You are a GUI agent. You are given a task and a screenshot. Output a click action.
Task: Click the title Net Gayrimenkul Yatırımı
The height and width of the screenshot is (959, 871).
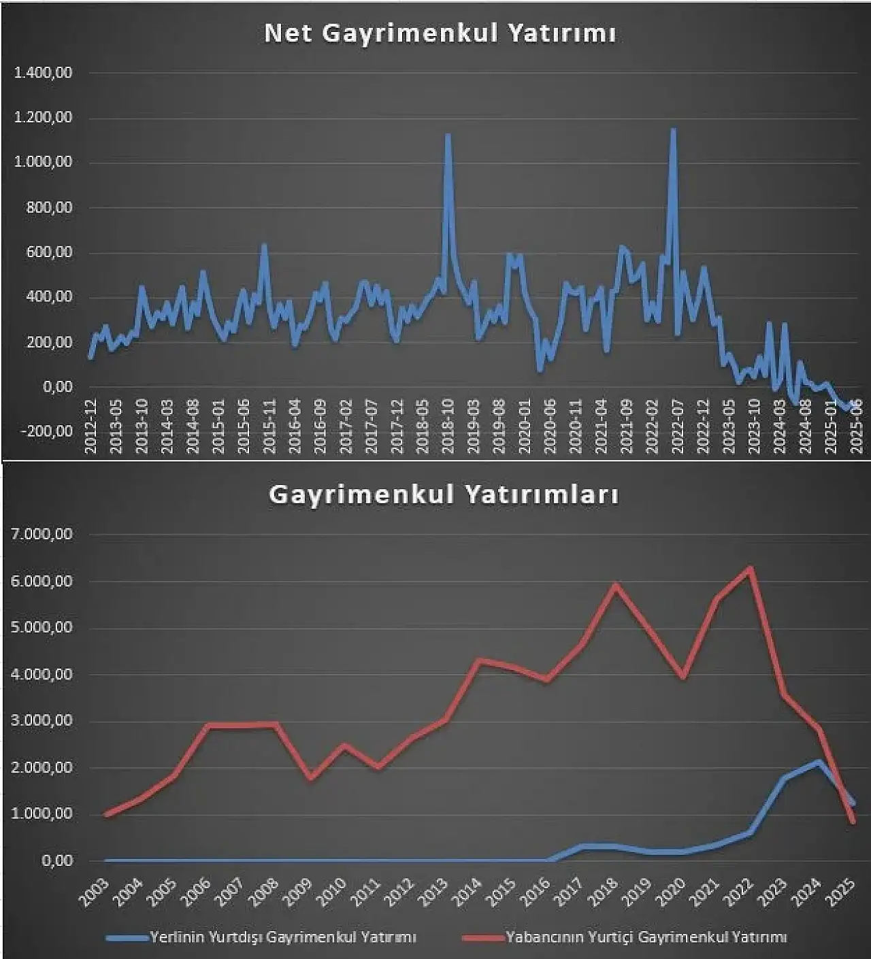pos(440,33)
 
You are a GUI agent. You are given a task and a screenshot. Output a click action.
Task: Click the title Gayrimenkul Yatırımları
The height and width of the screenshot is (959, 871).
pos(444,494)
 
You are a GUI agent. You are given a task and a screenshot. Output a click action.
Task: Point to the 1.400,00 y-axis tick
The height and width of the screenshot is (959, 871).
pos(44,73)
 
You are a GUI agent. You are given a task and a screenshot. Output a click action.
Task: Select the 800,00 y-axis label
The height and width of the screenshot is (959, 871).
pos(49,207)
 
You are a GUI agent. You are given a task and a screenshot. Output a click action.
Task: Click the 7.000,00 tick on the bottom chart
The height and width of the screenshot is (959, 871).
pos(42,535)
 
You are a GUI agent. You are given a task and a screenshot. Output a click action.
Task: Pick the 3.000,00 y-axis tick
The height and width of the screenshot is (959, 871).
pos(42,721)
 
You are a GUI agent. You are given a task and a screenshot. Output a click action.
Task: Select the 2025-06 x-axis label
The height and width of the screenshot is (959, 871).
pos(857,426)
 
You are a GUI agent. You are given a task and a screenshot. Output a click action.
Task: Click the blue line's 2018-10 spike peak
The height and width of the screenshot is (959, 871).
pos(448,135)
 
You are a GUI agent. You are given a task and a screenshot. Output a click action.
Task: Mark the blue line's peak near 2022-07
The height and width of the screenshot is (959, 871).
pos(673,130)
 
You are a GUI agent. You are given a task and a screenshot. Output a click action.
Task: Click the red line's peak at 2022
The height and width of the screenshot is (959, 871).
pos(751,569)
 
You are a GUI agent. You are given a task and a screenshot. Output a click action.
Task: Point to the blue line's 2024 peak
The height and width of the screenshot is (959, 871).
pos(818,762)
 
